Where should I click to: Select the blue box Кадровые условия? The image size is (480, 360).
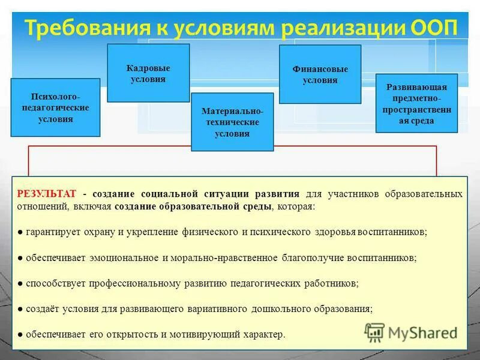[x=148, y=73]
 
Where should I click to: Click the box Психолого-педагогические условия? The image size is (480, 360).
[x=55, y=107]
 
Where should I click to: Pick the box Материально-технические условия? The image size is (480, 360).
[x=232, y=122]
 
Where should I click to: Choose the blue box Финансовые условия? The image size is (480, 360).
[x=320, y=74]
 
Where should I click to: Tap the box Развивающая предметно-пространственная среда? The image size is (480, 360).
[x=416, y=104]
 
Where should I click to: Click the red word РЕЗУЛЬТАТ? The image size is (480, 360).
[x=47, y=194]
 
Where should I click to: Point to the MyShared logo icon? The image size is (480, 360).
[x=374, y=332]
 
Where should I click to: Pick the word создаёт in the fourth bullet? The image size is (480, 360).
[x=41, y=308]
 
